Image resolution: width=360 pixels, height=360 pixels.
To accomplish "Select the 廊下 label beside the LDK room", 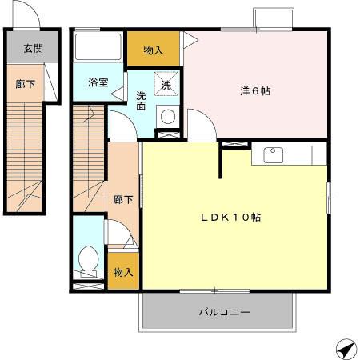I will pos(122,200).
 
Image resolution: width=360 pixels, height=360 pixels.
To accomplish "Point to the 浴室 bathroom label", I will pos(98,82).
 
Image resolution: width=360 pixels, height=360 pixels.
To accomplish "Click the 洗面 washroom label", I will pos(141,101).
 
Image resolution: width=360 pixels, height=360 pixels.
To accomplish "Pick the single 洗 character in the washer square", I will pos(166,85).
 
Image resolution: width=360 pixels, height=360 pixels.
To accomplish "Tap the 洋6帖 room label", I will pos(255,91).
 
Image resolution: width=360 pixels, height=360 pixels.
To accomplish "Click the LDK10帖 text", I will pos(234,218).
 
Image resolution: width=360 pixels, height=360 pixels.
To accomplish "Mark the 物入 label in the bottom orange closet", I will pos(124,272).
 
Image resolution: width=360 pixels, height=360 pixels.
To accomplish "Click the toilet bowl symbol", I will pos(88,259).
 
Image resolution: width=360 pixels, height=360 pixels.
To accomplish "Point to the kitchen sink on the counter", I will pos(271,153).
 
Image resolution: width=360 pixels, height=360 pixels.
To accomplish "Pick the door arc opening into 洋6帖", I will pos(200,126).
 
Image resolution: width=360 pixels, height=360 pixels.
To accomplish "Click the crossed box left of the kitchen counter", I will pos(234,145).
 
